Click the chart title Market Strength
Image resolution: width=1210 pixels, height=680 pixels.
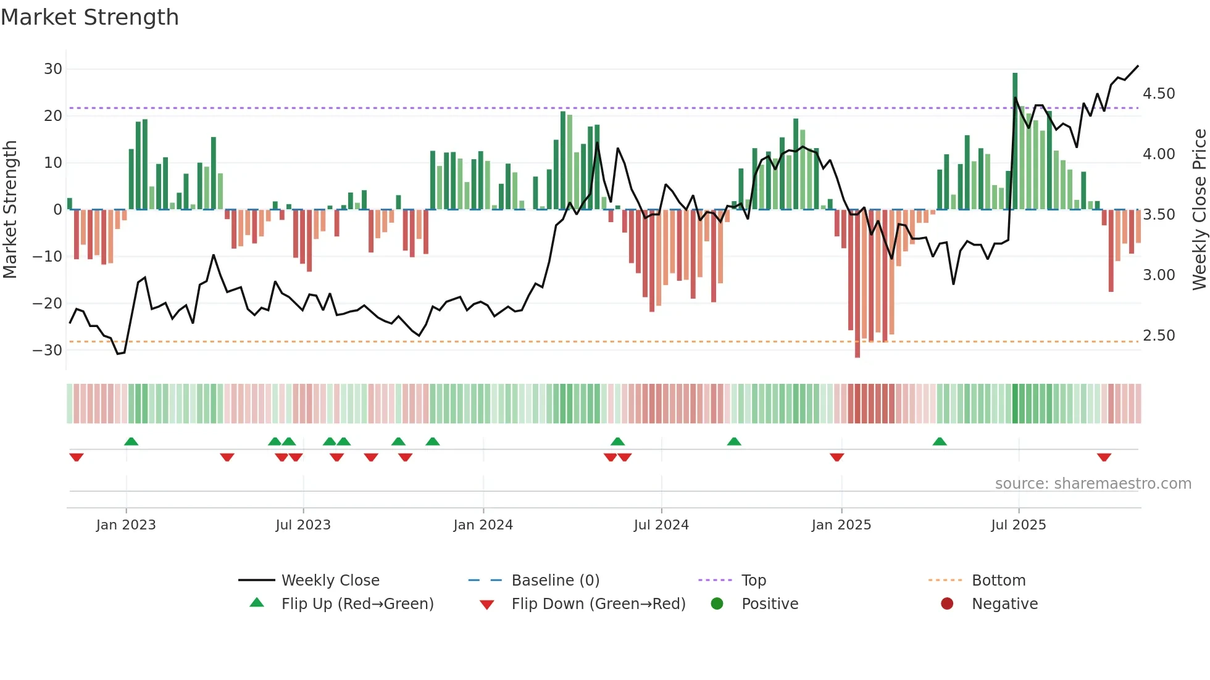90,17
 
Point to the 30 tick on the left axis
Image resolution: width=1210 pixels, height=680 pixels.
53,69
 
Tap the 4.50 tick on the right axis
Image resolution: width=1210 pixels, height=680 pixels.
1159,94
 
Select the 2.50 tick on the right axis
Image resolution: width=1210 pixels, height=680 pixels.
1159,336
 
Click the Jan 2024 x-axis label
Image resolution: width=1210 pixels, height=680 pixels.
483,525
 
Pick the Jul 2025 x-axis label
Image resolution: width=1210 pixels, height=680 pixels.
1019,525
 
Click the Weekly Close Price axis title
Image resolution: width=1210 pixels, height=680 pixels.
1199,210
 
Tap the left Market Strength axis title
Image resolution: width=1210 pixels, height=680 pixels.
10,210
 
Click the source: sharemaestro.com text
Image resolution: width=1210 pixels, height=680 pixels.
1093,484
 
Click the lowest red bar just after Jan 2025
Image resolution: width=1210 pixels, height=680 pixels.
857,284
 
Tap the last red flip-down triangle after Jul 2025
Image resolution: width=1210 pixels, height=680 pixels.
1104,457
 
